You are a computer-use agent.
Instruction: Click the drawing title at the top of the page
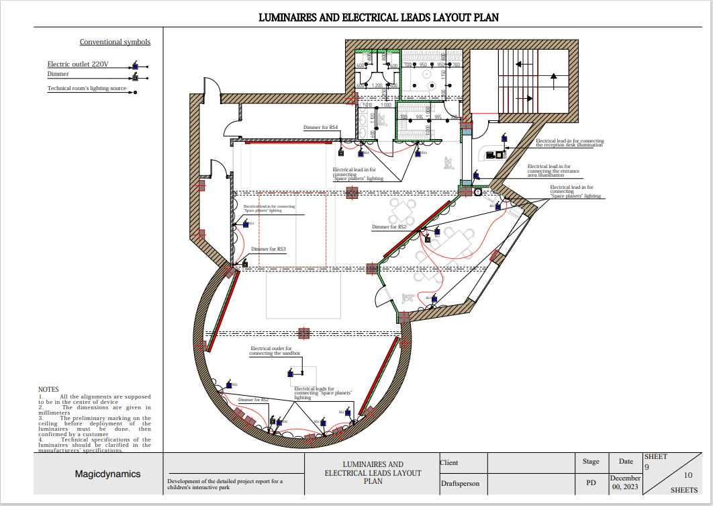coord(379,17)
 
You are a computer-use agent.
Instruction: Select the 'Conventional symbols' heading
coord(115,42)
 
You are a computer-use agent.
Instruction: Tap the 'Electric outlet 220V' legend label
coord(77,65)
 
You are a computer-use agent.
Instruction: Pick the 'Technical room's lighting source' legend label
coord(87,89)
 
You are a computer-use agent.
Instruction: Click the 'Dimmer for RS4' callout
coord(320,127)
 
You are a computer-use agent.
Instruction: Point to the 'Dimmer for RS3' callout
coord(269,249)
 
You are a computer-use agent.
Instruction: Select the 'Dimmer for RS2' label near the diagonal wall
coord(389,227)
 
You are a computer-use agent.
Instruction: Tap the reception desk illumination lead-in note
coord(569,143)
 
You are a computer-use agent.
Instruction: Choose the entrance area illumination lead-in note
coord(553,171)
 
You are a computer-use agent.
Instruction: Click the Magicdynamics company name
coord(107,474)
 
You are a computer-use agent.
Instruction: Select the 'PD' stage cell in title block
coord(591,482)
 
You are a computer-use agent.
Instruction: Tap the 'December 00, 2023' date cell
coord(625,482)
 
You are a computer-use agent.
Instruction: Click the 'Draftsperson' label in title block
coord(460,483)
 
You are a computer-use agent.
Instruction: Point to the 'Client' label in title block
coord(449,462)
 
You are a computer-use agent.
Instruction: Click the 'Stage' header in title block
coord(591,462)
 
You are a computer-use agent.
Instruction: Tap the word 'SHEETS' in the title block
coord(683,490)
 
